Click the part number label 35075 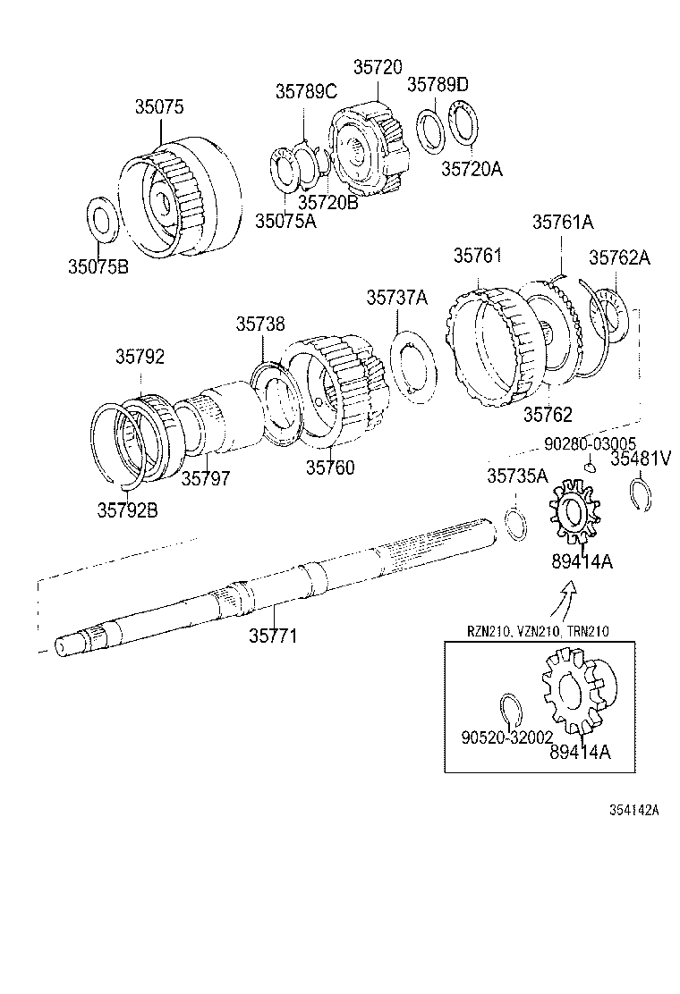pyautogui.click(x=159, y=106)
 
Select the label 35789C pyautogui.click(x=305, y=90)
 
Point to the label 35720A pyautogui.click(x=471, y=167)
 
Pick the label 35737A pyautogui.click(x=396, y=297)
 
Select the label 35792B pyautogui.click(x=128, y=510)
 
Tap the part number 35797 pyautogui.click(x=206, y=479)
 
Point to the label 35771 pyautogui.click(x=273, y=636)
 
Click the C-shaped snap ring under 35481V pyautogui.click(x=642, y=496)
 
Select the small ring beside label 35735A pyautogui.click(x=515, y=524)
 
